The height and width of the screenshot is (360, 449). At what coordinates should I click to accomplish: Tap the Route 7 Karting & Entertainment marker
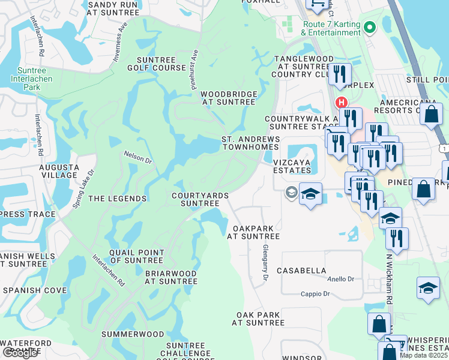coord(370,27)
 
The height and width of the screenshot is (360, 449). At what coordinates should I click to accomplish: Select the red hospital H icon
coord(342,103)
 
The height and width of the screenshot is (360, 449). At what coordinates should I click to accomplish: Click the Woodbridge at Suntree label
coord(229,98)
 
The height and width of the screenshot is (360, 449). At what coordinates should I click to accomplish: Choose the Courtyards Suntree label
coord(196,199)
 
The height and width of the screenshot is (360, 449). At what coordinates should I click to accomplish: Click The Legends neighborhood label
coord(118,199)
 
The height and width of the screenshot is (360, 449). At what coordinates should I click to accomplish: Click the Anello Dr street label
coord(341,279)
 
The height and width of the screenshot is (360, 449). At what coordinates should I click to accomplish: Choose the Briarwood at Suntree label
coord(171,277)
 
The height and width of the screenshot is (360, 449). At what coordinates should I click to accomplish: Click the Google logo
coord(20,353)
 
